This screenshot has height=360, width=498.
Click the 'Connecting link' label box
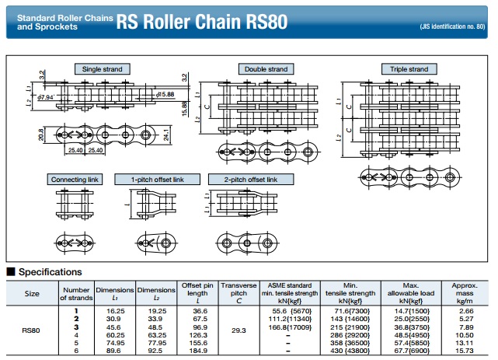[75, 180]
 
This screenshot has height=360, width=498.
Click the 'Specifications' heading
[50, 272]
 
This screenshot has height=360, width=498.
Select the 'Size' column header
[33, 294]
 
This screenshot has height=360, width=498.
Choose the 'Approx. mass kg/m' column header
[464, 294]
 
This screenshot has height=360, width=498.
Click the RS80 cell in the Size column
[33, 330]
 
